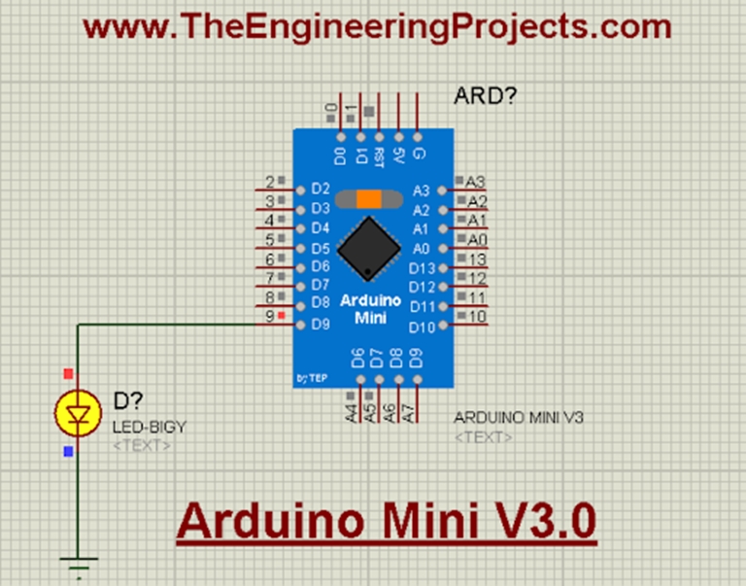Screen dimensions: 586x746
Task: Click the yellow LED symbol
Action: (77, 413)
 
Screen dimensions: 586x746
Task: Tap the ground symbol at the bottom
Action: (77, 562)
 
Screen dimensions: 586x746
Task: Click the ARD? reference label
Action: (486, 96)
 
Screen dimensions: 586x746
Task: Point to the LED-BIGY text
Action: (149, 427)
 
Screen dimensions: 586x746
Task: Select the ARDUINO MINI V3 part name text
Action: (519, 418)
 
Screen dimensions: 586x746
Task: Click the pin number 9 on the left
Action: (269, 317)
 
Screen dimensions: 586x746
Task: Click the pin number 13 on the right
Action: (477, 259)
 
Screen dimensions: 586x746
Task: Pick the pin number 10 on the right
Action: (477, 317)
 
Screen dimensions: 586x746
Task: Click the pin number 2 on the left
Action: (269, 182)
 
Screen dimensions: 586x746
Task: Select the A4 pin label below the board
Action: (351, 412)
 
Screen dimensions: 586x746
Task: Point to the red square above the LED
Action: (67, 373)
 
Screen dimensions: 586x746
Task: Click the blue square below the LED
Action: (67, 452)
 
